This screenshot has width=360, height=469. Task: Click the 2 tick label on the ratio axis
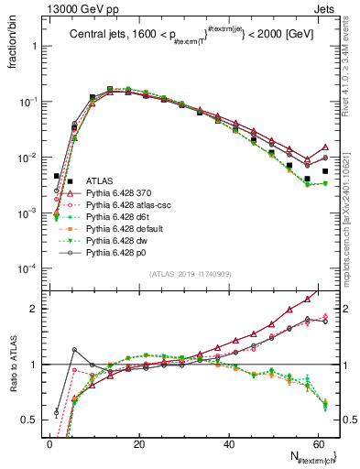[36, 309]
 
